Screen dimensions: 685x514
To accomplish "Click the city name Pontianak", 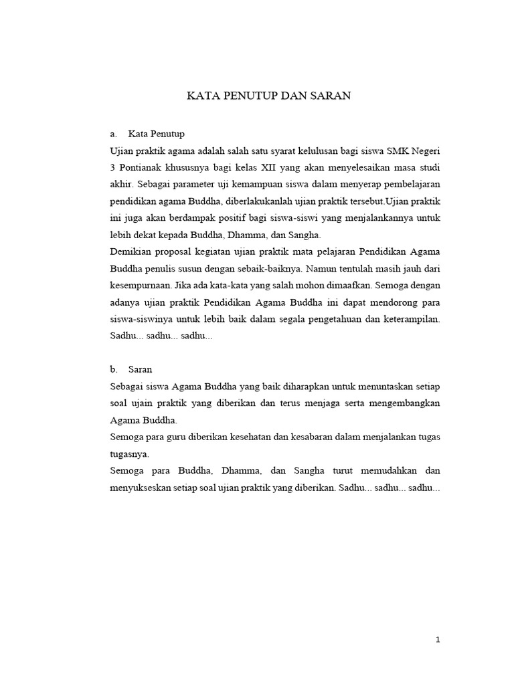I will click(145, 167).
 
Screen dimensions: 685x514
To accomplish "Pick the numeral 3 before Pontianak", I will click(112, 167).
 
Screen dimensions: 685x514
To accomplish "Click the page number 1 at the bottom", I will click(438, 640).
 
